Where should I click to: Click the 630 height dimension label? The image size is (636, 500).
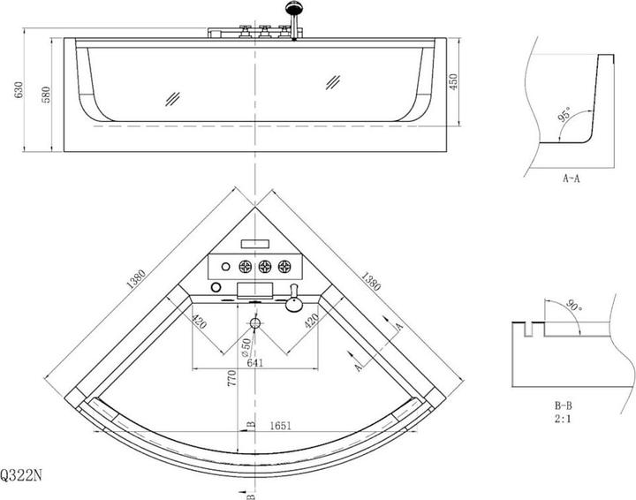click(x=19, y=89)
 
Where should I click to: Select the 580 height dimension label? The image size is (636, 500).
click(x=46, y=95)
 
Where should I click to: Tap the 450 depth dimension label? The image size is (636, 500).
click(x=453, y=81)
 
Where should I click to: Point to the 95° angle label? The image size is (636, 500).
click(x=564, y=114)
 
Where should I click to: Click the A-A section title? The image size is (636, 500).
click(x=572, y=178)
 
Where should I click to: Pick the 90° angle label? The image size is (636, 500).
click(x=574, y=305)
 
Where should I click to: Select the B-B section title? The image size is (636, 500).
click(x=563, y=405)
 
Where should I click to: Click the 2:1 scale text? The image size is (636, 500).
click(x=563, y=419)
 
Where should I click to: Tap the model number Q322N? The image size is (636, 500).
click(x=21, y=475)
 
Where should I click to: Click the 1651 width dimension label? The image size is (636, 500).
click(x=280, y=426)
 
